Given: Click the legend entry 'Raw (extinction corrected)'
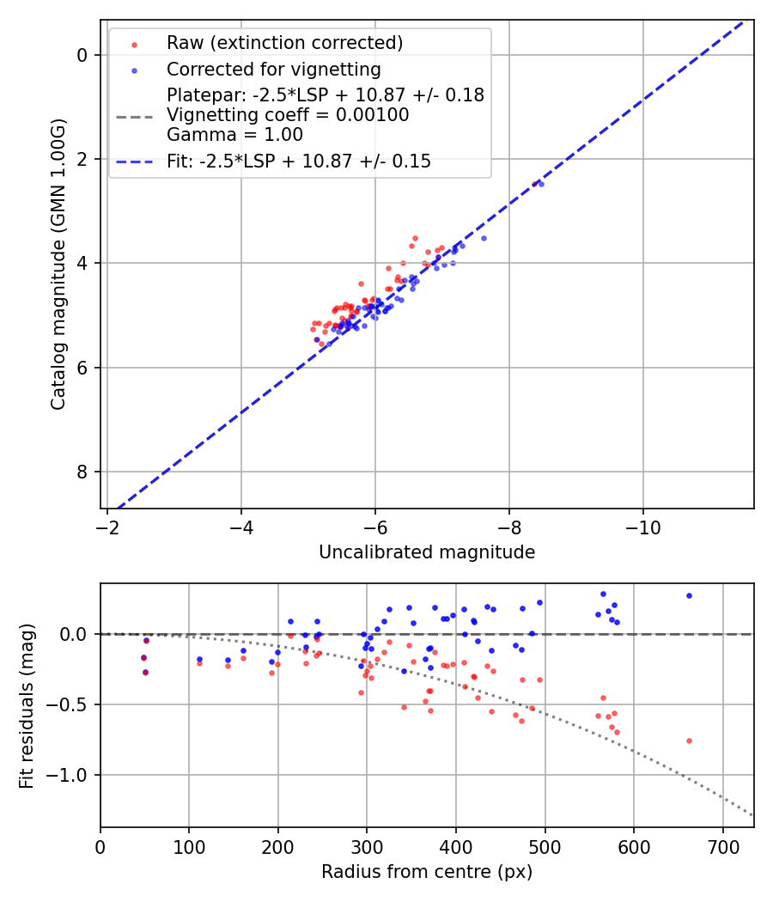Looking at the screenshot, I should pyautogui.click(x=284, y=43).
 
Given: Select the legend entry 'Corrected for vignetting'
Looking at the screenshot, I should pyautogui.click(x=273, y=69).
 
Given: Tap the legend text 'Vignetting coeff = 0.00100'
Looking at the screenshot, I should pyautogui.click(x=288, y=115).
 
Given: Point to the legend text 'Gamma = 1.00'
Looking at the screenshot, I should pyautogui.click(x=234, y=134).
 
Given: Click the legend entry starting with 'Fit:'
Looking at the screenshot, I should pyautogui.click(x=298, y=161).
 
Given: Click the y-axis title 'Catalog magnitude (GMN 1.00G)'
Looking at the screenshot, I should pyautogui.click(x=58, y=265).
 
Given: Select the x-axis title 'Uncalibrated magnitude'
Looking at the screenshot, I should pyautogui.click(x=427, y=552).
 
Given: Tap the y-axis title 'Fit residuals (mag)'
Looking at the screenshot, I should pyautogui.click(x=27, y=705).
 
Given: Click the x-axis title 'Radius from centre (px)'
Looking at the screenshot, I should pyautogui.click(x=427, y=872).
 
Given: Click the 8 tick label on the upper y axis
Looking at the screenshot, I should pyautogui.click(x=82, y=472).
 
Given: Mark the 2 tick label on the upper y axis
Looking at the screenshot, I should pyautogui.click(x=82, y=160).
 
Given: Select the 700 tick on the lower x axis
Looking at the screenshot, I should pyautogui.click(x=722, y=846).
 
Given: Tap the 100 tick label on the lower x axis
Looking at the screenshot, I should pyautogui.click(x=189, y=846).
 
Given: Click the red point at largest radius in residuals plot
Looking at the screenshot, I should pyautogui.click(x=689, y=740).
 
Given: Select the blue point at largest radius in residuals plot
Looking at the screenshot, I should pyautogui.click(x=689, y=595).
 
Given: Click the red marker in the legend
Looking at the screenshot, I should pyautogui.click(x=134, y=43).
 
